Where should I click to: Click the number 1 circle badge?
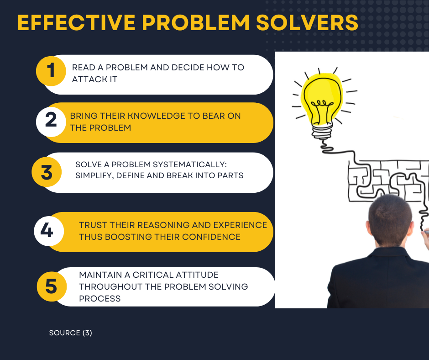tap(51, 71)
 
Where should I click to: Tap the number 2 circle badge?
tap(51, 122)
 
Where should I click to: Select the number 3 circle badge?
tap(47, 172)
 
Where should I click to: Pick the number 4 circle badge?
tap(49, 231)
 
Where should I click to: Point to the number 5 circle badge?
tap(52, 286)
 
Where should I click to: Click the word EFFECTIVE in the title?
tap(76, 22)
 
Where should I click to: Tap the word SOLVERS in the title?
tap(307, 22)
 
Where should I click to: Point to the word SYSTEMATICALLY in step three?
tap(189, 164)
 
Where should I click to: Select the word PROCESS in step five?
tap(100, 299)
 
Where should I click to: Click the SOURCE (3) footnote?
tap(71, 333)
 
